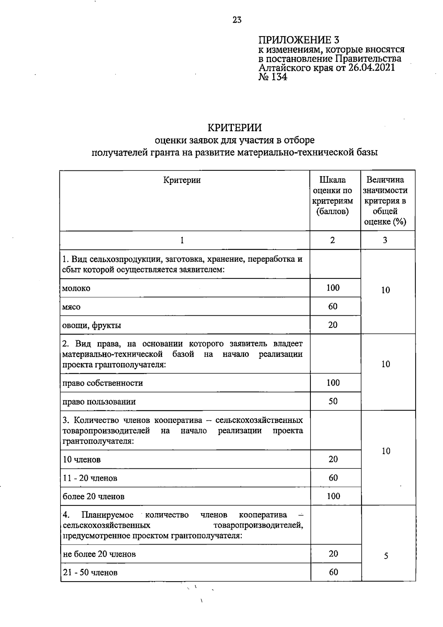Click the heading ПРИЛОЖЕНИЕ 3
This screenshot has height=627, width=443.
298,40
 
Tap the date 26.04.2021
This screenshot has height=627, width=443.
371,68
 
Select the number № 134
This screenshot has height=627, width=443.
272,77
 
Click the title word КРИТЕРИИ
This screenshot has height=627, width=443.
234,128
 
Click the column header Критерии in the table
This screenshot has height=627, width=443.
182,180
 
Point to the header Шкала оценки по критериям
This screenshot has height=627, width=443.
333,196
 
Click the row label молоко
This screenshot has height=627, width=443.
76,288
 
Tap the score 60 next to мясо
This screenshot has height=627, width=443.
333,306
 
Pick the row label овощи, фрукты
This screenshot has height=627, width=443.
92,325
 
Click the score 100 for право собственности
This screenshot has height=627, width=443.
333,383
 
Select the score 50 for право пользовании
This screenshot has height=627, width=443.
333,401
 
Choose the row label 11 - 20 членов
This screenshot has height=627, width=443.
90,478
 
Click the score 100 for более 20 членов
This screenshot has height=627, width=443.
333,496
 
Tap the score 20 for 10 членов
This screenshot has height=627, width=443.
333,459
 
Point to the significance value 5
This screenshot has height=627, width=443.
386,556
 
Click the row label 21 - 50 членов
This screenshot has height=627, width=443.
90,573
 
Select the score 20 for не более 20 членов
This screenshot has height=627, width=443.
333,553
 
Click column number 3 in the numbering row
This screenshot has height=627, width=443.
385,240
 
